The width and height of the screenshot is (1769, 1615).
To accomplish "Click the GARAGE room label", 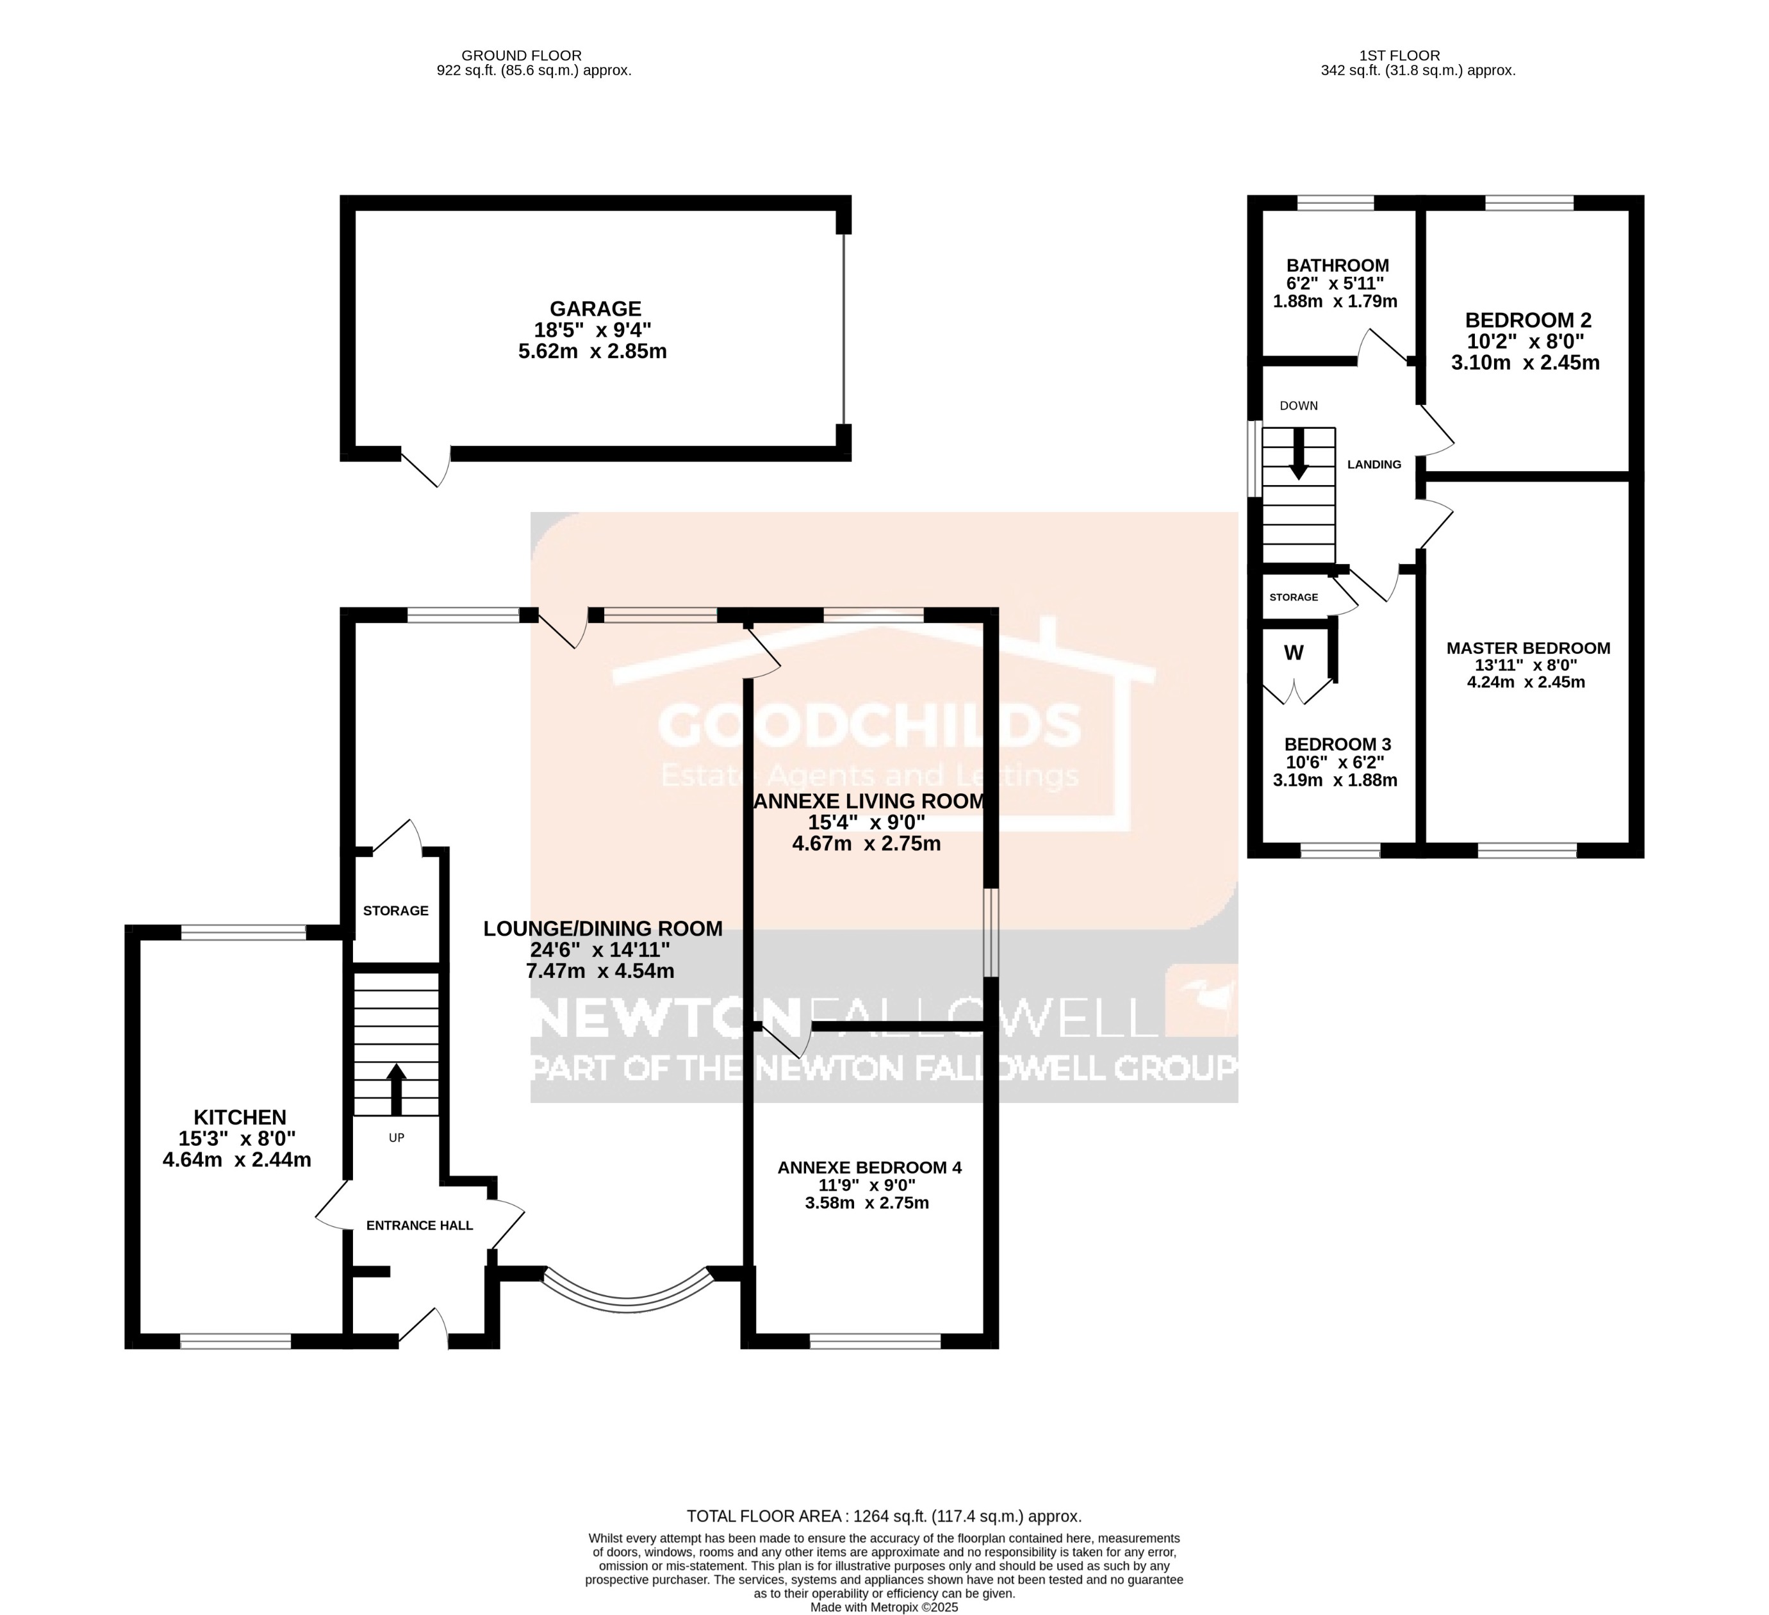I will point(595,309).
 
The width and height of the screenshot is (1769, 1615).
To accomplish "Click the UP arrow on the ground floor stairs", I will point(397,1088).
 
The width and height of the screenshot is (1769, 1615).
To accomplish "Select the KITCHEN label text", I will point(240,1117).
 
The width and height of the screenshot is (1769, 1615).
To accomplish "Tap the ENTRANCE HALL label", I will point(420,1225).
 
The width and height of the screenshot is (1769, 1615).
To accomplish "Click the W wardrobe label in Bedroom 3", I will point(1294,653).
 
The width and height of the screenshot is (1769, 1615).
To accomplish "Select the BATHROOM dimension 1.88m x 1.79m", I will point(1335,301).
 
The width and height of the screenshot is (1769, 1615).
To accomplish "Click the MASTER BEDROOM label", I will point(1527,649).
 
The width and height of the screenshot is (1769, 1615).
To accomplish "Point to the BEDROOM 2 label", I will point(1527,320).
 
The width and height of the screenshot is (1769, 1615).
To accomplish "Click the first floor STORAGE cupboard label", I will point(1294,597).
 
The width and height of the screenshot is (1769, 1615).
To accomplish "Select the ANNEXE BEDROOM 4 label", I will point(869,1168).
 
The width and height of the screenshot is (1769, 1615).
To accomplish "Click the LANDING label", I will point(1374,464).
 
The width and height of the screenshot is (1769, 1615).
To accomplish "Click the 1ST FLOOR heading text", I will point(1412,55).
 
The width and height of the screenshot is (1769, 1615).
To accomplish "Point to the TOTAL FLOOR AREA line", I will point(884,1516).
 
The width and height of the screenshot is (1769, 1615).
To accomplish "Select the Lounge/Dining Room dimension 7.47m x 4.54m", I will point(600,972).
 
